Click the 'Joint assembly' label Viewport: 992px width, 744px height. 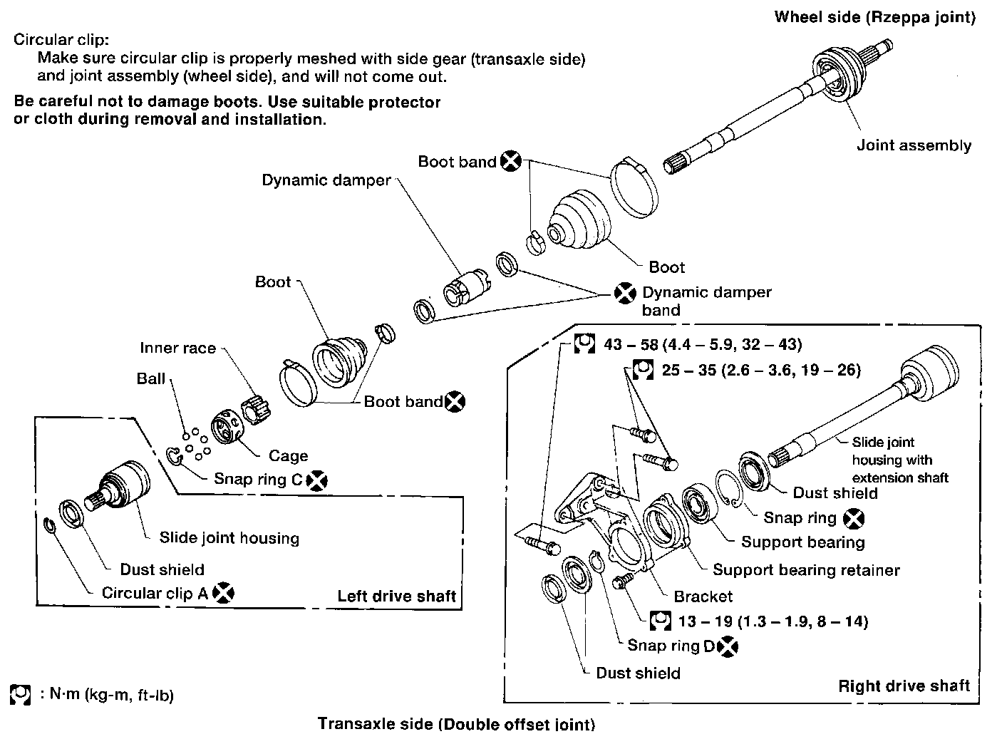point(914,146)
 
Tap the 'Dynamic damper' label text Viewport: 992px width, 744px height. point(326,180)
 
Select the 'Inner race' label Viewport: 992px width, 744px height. point(177,348)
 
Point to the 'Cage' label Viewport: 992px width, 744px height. point(288,456)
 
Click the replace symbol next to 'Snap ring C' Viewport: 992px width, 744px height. point(317,481)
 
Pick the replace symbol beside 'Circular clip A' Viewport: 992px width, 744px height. point(224,592)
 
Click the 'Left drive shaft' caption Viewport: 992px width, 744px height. point(396,596)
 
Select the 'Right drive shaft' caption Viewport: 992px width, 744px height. point(904,686)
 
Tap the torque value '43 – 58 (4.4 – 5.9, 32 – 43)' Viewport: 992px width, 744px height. point(703,345)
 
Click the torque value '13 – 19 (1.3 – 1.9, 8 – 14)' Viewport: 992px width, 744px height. point(773,621)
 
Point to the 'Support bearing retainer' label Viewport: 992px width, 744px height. point(806,570)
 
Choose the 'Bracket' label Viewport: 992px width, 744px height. point(703,596)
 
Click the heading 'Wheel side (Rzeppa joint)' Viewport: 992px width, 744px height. point(874,17)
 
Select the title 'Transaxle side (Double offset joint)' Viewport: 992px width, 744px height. point(455,724)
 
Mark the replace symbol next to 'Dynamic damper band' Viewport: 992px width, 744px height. point(625,293)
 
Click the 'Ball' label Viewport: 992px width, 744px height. point(151,378)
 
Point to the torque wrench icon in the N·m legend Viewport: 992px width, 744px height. point(21,695)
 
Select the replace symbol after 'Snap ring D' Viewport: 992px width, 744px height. point(728,646)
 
